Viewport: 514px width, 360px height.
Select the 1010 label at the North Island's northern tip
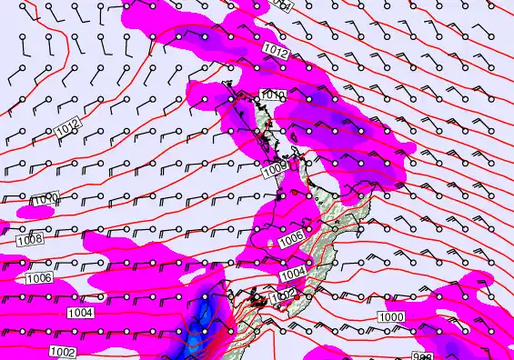click(273, 95)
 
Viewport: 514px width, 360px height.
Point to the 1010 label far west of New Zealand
click(47, 198)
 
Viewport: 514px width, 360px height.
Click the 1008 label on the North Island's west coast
click(277, 166)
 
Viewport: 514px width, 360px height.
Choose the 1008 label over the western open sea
click(30, 241)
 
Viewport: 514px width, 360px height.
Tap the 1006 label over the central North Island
click(291, 238)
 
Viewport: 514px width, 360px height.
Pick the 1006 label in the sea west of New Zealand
click(39, 278)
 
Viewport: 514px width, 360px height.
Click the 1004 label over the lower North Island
click(293, 274)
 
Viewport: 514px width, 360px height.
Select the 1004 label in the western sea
click(80, 313)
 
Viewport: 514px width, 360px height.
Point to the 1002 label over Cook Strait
click(283, 295)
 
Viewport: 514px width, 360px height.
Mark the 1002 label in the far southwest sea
click(62, 351)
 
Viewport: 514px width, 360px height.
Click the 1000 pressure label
click(391, 315)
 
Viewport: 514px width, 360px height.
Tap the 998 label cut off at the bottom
click(421, 356)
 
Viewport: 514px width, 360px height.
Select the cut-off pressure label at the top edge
click(282, 5)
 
